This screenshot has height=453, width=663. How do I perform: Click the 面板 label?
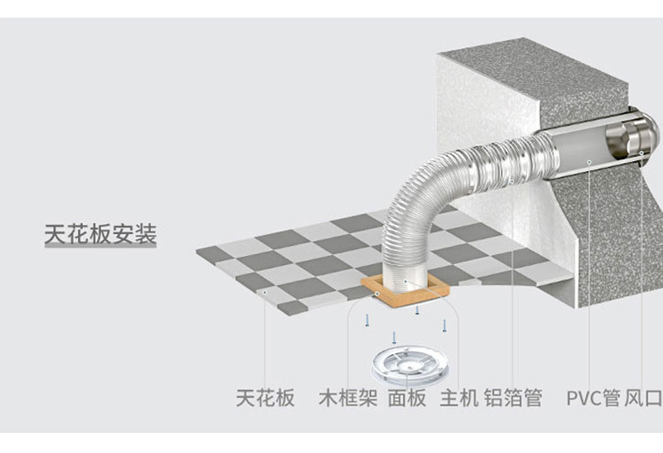click(407, 397)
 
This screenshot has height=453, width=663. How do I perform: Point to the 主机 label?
click(458, 397)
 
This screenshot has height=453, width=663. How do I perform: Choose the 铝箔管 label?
click(513, 397)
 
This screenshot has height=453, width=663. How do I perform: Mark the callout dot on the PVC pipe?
click(589, 159)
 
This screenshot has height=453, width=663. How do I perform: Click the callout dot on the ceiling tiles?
click(265, 291)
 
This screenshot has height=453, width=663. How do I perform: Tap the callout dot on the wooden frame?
click(378, 294)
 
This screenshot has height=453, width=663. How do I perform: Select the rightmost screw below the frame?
click(444, 324)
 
